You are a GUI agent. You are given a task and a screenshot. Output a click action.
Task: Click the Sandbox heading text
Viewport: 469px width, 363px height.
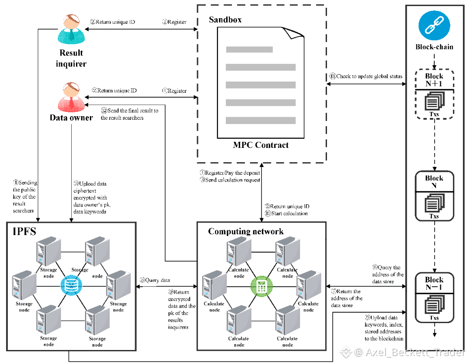225,20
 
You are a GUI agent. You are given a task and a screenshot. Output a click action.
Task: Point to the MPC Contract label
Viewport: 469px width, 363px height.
261,145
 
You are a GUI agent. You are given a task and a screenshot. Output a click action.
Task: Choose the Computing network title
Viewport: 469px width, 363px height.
246,231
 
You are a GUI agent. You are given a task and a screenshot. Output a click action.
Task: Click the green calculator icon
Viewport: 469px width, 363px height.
261,286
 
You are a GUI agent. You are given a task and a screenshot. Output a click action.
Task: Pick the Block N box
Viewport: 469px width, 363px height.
434,195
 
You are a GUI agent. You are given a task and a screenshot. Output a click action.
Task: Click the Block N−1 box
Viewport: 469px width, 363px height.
434,297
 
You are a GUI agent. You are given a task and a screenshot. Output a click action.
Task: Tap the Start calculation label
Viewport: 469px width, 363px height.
289,213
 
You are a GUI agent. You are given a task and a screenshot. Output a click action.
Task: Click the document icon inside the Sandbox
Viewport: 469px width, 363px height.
261,82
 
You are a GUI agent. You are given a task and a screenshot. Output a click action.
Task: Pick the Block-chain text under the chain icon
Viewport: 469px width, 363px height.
434,47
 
